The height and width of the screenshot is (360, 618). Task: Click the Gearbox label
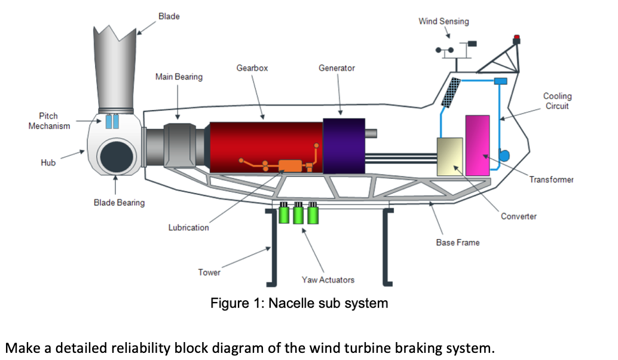(x=252, y=68)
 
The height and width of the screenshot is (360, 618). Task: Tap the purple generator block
(x=344, y=146)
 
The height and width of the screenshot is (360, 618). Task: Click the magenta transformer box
(x=478, y=145)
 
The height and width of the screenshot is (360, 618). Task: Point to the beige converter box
(x=449, y=157)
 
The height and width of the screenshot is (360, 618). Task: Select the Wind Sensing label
(x=443, y=22)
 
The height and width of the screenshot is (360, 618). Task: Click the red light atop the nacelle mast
(x=516, y=38)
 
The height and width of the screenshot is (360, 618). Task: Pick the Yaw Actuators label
(x=328, y=280)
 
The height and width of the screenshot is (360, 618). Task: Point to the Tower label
(x=209, y=273)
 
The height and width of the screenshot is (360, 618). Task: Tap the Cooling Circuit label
(x=557, y=100)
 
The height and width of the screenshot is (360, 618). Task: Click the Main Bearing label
(x=179, y=77)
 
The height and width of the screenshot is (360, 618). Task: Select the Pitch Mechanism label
(x=49, y=120)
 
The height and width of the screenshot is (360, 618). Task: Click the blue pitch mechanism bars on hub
(x=112, y=121)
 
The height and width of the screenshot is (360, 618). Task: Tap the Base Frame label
(x=458, y=243)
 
